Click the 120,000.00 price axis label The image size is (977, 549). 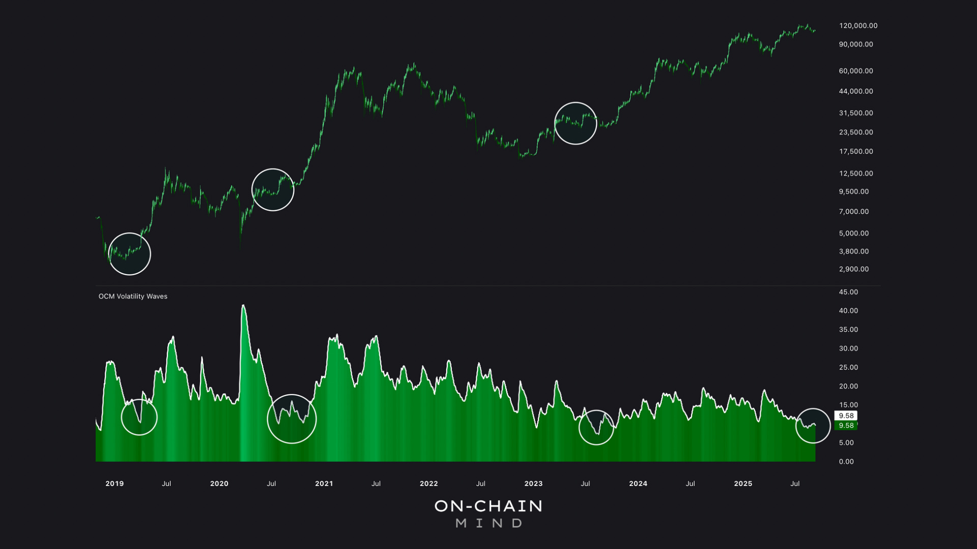click(x=858, y=25)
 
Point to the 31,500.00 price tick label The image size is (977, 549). click(x=856, y=113)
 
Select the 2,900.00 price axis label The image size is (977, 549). click(x=854, y=269)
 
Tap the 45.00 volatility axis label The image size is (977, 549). click(x=848, y=292)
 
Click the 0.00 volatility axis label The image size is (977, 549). click(x=846, y=462)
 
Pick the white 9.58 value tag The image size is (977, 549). click(x=846, y=415)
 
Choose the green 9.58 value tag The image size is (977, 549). click(x=846, y=425)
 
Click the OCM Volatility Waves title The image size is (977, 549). click(x=133, y=296)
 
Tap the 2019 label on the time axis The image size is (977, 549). click(x=114, y=483)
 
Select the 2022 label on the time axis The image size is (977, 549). click(x=428, y=483)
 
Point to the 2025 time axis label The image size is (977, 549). click(x=743, y=483)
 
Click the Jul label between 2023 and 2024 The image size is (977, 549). click(x=585, y=483)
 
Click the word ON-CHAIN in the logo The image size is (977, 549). click(x=489, y=506)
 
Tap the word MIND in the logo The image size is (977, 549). click(x=489, y=523)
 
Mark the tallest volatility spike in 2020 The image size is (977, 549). click(x=243, y=306)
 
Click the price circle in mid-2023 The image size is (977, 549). click(x=576, y=123)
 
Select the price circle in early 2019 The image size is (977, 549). click(x=130, y=254)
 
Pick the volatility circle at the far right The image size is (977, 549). click(x=813, y=425)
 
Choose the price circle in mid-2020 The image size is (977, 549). click(x=273, y=190)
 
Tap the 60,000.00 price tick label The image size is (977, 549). click(x=856, y=71)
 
